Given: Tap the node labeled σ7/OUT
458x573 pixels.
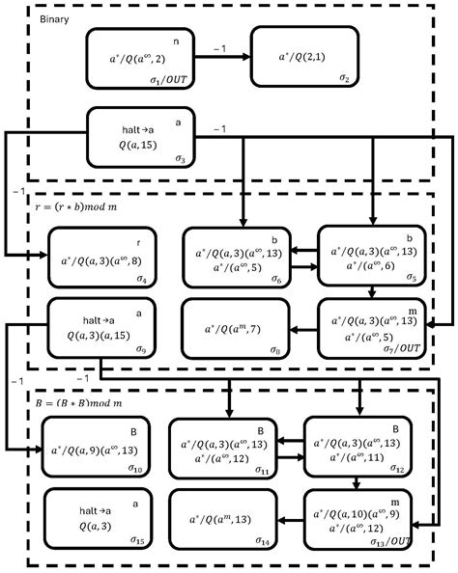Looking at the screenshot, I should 370,328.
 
